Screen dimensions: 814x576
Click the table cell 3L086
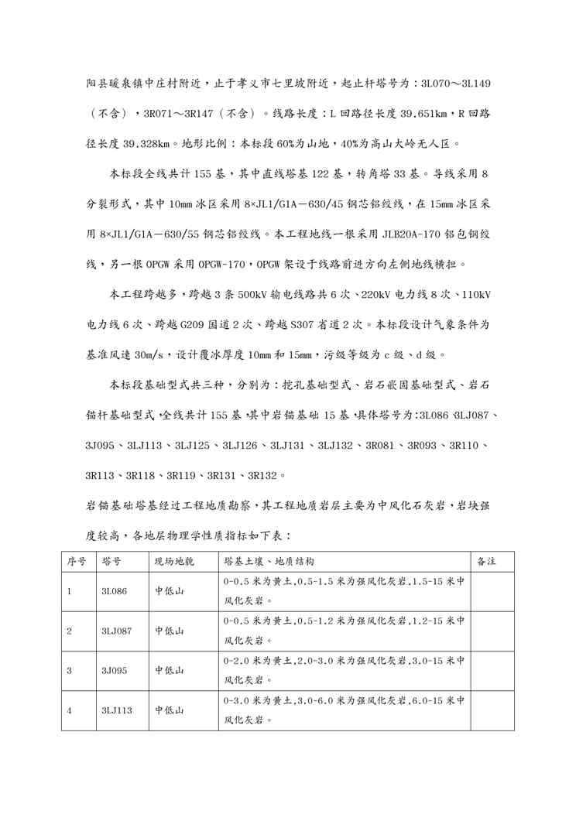[113, 590]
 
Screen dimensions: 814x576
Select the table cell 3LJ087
[116, 631]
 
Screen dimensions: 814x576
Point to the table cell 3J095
[113, 671]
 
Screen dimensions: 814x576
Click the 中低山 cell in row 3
[170, 671]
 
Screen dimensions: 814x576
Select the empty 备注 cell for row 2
[493, 631]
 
